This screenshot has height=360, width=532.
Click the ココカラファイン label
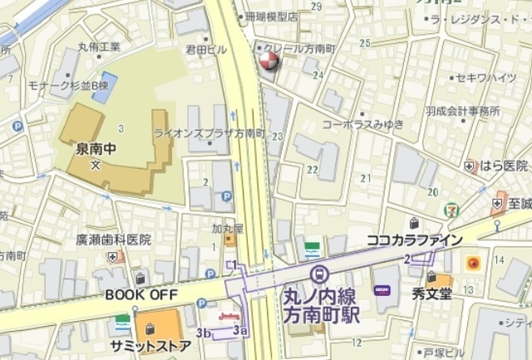pos(413,240)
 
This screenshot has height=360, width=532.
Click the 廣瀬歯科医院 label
pos(114,239)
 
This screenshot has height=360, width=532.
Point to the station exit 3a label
pos(240,330)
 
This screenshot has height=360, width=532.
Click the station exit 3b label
pos(204,333)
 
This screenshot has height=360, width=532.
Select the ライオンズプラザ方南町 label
pos(209,133)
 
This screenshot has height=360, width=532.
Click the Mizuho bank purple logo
pos(382,289)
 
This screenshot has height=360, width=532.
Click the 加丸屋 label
pos(226,227)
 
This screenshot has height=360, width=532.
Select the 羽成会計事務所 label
pos(462,111)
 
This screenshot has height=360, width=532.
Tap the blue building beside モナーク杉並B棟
pos(105,87)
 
